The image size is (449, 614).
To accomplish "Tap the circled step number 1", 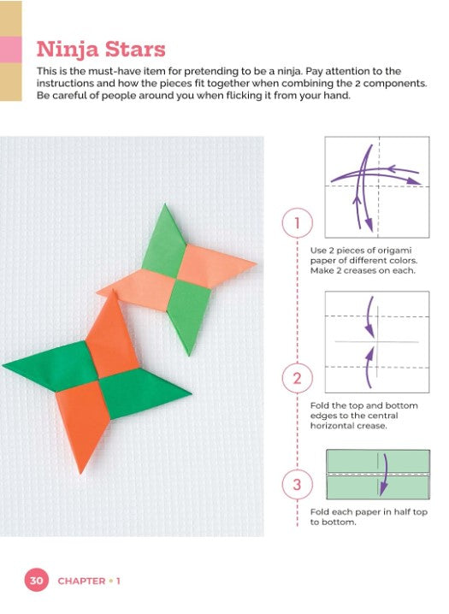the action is coord(297,223).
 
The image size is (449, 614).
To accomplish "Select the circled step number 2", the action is coord(297,378).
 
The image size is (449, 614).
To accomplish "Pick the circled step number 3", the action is coord(297,484).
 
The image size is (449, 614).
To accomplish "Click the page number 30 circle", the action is coord(37,580).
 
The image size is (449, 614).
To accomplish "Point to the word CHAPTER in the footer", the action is coord(81,582).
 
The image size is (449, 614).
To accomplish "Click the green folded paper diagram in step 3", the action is coord(378,475).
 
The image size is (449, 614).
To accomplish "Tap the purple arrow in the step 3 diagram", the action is coord(384,475).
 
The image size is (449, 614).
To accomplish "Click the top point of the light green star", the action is coord(165,205).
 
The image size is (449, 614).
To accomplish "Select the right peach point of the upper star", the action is coord(255,263).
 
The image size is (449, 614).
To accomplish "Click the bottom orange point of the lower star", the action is coord(81,472).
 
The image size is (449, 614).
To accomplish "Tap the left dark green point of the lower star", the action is coord(4,365).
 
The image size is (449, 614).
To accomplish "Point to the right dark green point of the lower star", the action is coord(190,393).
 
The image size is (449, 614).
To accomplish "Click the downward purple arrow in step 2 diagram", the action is coord(369,317).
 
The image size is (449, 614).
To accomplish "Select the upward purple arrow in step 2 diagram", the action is coord(369,368).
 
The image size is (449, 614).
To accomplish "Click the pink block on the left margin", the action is coord(10,50).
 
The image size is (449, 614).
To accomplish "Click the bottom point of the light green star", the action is coord(190,353).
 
